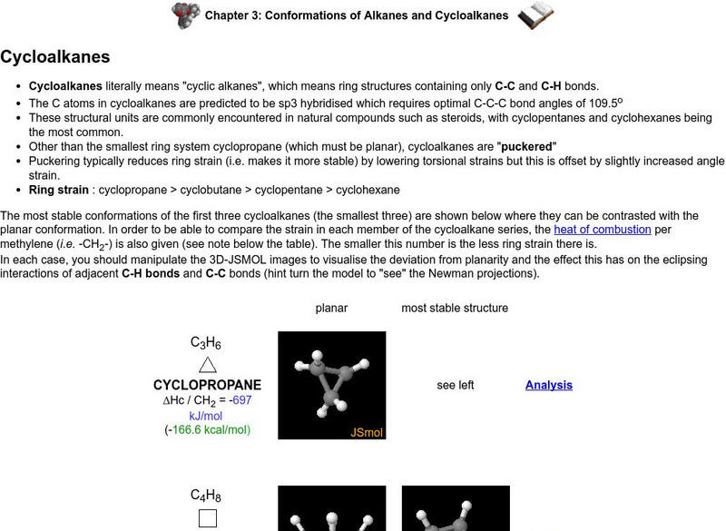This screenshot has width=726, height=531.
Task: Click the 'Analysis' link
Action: point(548,385)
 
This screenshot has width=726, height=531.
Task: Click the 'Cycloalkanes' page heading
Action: point(54,57)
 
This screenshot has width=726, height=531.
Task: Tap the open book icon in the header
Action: point(536,15)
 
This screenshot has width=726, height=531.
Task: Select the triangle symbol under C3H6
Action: point(207,364)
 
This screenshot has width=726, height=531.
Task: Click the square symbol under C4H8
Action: point(207,519)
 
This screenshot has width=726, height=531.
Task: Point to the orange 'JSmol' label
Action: point(367,432)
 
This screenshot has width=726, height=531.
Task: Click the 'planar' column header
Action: point(331,308)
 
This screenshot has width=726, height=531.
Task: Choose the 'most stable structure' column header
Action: point(455,308)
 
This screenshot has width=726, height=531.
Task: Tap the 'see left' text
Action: point(455,385)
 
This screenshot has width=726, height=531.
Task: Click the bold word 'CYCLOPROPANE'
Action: point(207,385)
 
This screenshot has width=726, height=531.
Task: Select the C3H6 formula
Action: point(206,343)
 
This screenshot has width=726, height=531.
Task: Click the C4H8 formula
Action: point(206,496)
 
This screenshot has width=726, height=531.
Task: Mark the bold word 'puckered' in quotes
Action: point(526,146)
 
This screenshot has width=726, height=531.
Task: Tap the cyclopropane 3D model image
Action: point(331,385)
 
